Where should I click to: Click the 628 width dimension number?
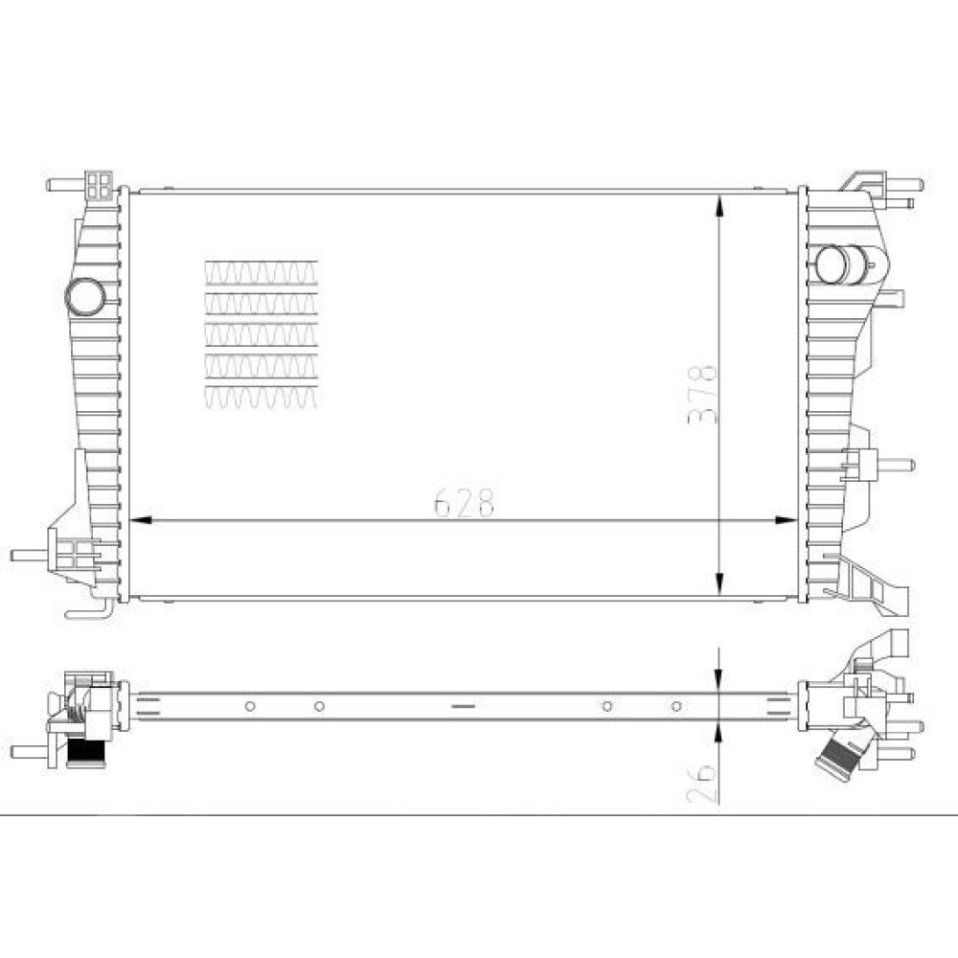[464, 502]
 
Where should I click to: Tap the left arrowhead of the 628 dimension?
[141, 520]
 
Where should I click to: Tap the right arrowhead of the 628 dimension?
[787, 520]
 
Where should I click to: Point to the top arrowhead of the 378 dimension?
[719, 207]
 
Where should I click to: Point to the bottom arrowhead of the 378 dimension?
[719, 584]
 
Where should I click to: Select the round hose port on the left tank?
[85, 298]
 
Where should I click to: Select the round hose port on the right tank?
[833, 264]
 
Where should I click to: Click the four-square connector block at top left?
[100, 185]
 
